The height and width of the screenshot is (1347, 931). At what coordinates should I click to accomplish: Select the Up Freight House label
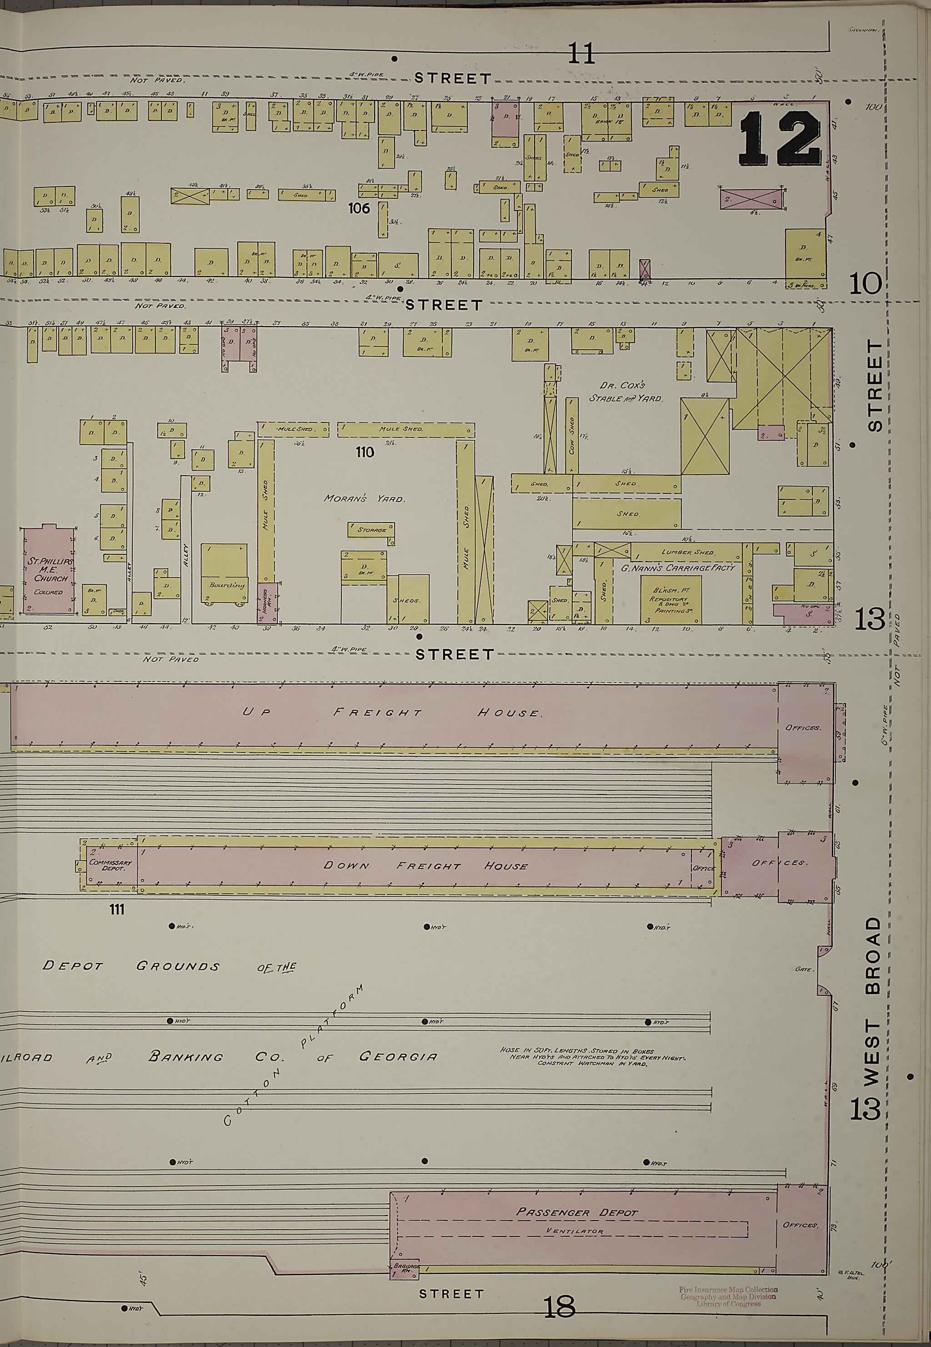tap(392, 712)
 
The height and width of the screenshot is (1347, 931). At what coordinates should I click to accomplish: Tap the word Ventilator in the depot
tap(575, 1231)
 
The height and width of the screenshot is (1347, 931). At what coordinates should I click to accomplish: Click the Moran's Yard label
tap(365, 499)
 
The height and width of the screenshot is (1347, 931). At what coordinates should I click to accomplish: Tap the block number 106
tap(359, 208)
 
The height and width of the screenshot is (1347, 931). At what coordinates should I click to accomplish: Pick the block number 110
tap(365, 452)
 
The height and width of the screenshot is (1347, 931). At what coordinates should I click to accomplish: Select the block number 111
tap(117, 910)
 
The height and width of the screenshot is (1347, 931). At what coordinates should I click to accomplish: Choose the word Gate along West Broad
tap(803, 969)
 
